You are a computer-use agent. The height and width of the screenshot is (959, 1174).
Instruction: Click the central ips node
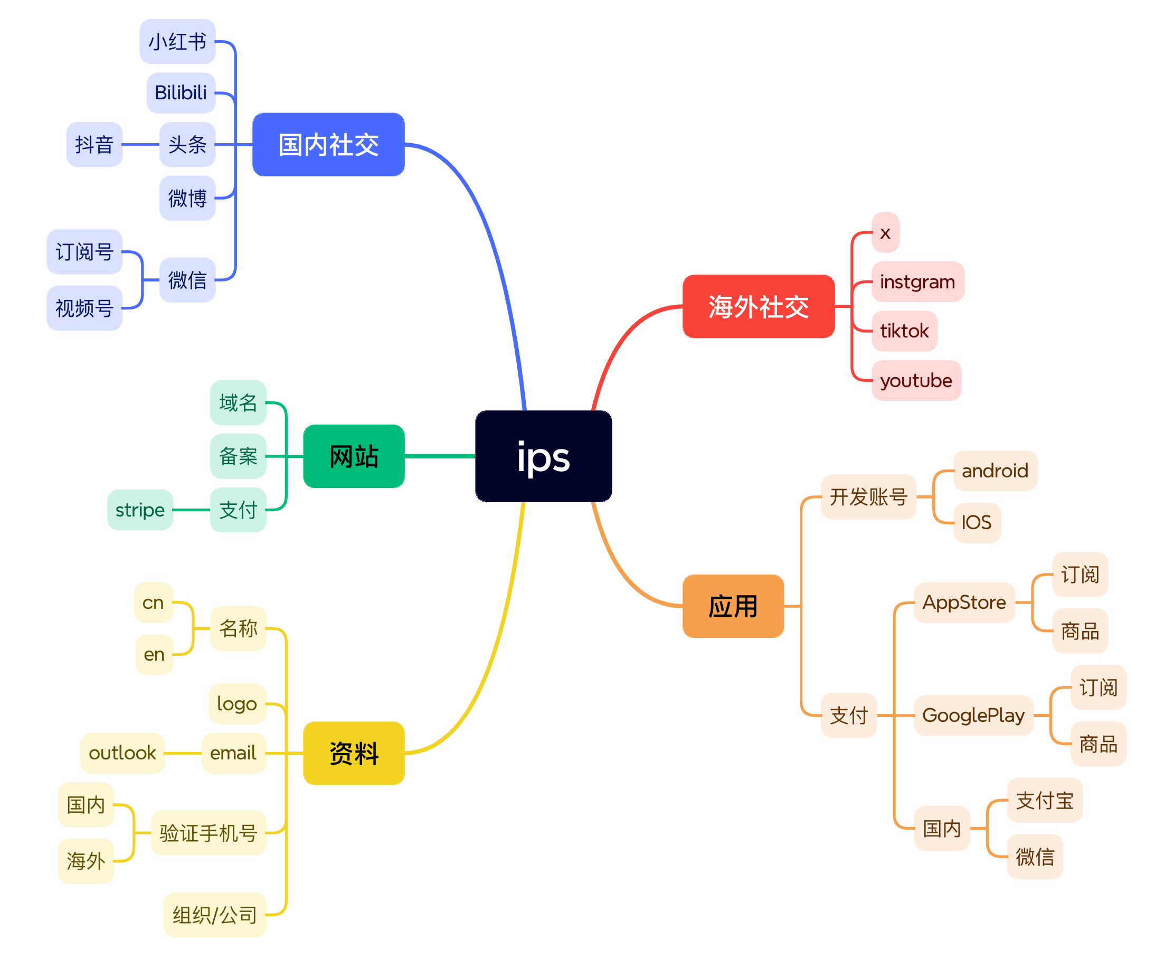[x=543, y=456]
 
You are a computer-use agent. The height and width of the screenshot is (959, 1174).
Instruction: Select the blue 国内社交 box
[x=328, y=145]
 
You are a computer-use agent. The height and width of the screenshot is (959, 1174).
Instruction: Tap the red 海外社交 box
[x=758, y=306]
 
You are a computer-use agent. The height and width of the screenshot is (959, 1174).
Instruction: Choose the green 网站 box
[x=354, y=456]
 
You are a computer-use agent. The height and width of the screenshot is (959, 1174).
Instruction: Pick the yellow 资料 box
[x=354, y=753]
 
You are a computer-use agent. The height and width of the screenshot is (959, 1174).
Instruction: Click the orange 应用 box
[x=733, y=606]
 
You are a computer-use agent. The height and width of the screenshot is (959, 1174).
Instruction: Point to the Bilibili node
[x=181, y=93]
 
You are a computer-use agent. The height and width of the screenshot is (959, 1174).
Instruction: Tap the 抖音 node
[x=94, y=145]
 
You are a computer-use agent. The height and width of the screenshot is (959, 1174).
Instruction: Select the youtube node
[x=916, y=381]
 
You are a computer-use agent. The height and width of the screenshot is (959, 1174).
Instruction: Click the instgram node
[x=917, y=282]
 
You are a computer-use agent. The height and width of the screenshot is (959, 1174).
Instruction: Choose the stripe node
[x=140, y=510]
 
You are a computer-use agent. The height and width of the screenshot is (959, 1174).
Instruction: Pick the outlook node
[x=122, y=753]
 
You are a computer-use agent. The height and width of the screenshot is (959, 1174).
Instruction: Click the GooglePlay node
[x=973, y=716]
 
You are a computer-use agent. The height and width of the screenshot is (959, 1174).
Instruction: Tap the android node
[x=995, y=471]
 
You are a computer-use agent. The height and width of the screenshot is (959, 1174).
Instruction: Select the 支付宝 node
[x=1044, y=801]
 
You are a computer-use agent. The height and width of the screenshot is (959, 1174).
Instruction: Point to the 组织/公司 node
[x=215, y=915]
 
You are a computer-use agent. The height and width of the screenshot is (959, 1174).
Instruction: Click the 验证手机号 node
[x=208, y=833]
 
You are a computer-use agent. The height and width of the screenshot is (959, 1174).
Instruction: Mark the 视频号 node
[x=84, y=308]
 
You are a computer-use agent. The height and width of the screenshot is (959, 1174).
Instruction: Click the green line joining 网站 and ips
[x=440, y=456]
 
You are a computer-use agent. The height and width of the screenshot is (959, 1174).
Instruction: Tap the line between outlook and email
[x=183, y=753]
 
